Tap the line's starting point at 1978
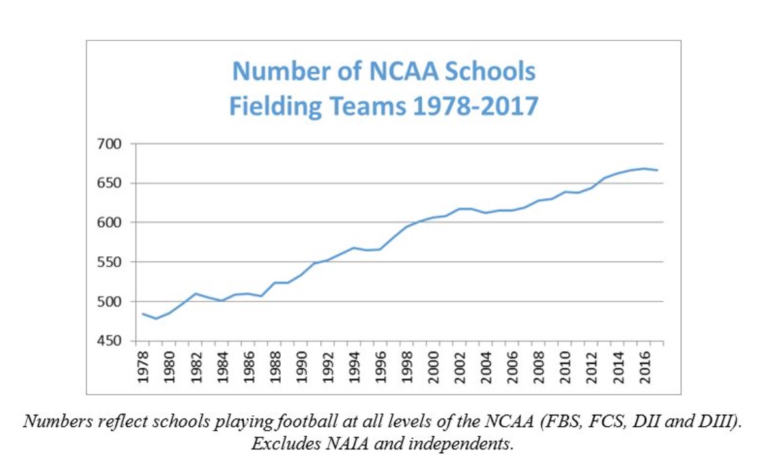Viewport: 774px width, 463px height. [x=143, y=314]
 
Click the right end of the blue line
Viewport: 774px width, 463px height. [x=657, y=170]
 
